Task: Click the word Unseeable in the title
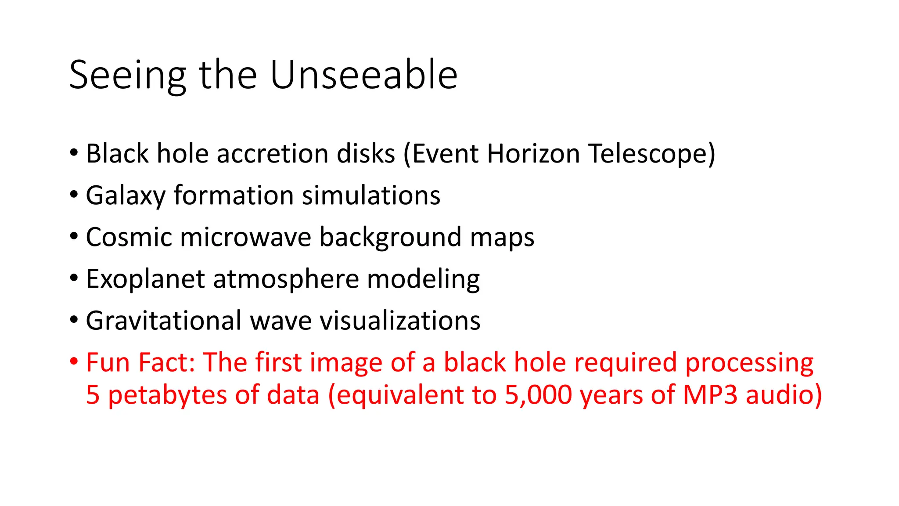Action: (x=364, y=75)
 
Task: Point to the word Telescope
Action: (x=651, y=154)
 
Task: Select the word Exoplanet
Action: (x=145, y=279)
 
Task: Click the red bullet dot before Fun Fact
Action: (x=74, y=361)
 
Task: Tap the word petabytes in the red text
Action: (x=167, y=395)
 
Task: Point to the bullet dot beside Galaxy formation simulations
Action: (x=74, y=194)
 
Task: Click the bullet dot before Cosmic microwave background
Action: (x=74, y=236)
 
